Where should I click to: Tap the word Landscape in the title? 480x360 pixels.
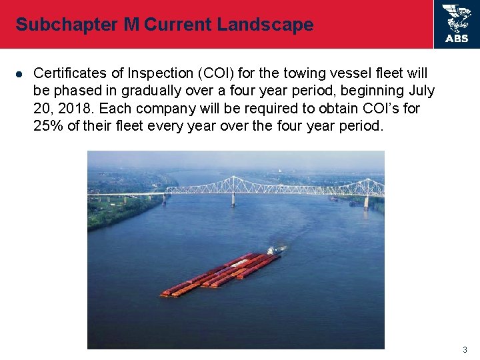[269, 25]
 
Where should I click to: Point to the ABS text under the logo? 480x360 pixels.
[457, 39]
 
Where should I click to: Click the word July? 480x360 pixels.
[421, 90]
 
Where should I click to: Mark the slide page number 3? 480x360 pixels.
[465, 349]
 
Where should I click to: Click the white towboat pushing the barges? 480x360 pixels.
[273, 251]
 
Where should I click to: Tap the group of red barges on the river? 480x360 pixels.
[220, 273]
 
